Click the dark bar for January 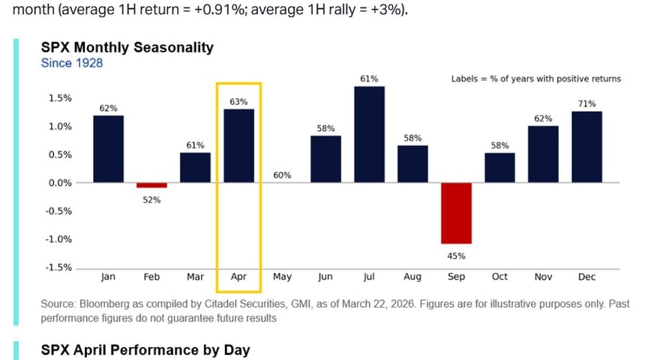[108, 149]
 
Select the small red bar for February [151, 185]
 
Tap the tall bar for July [369, 135]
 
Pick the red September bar [456, 213]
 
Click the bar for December [586, 147]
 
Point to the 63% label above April [238, 101]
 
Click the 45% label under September [456, 256]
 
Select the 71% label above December [586, 103]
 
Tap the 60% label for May [282, 175]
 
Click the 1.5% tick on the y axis [61, 98]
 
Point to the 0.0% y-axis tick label [61, 183]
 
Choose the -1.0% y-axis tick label [59, 239]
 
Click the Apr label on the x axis [238, 277]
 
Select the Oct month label [499, 277]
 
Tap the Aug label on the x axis [412, 277]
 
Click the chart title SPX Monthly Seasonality [127, 47]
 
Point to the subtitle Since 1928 [71, 63]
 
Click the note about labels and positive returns [535, 79]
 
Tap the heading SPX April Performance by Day [145, 349]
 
